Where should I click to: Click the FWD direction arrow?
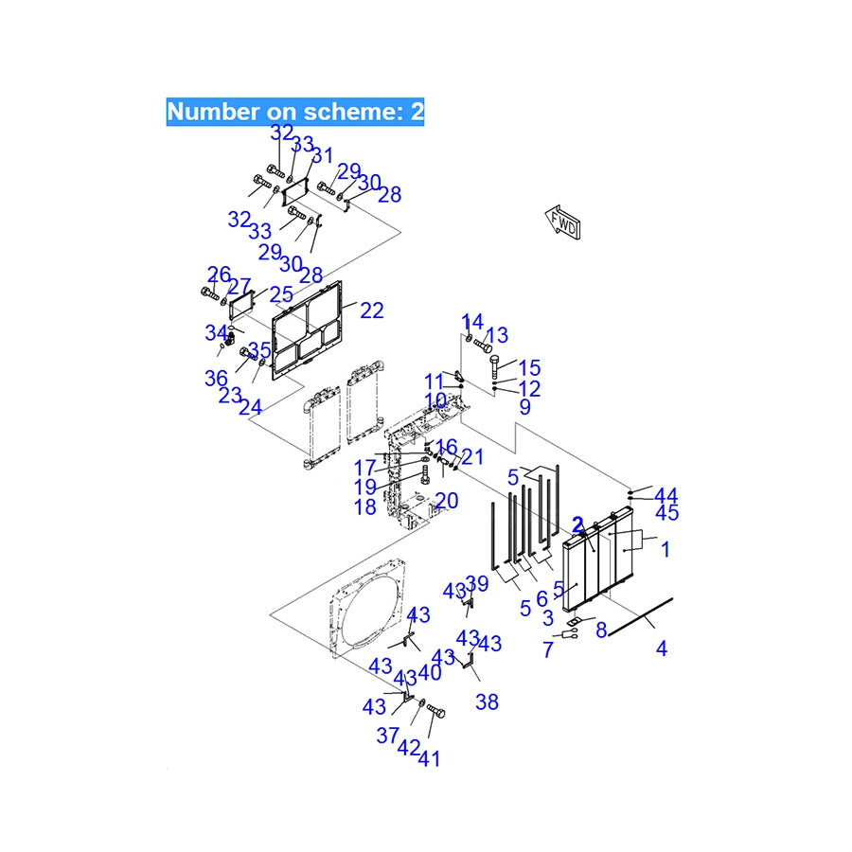click(563, 223)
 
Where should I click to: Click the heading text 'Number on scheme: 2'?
click(295, 112)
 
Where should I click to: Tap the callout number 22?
click(371, 310)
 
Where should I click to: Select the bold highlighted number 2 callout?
click(577, 524)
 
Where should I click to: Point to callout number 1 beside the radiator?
click(666, 549)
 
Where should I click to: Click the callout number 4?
click(661, 648)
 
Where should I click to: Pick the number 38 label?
click(488, 702)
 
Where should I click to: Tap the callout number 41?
click(429, 757)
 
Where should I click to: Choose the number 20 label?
click(447, 501)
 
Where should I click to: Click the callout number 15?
click(529, 367)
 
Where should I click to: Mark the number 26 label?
click(219, 275)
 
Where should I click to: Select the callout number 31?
click(323, 156)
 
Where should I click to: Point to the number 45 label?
click(667, 513)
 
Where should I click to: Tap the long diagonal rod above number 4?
click(639, 615)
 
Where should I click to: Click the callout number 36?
click(216, 378)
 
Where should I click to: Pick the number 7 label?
click(547, 650)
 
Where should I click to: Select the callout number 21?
click(472, 457)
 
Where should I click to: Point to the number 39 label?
click(477, 583)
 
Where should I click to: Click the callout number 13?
click(497, 335)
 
